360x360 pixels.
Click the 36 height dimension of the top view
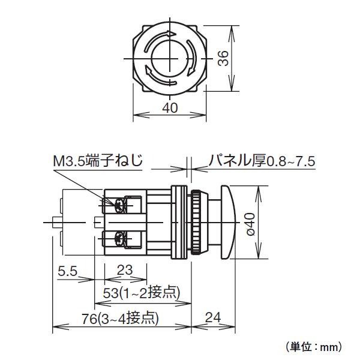(x=223, y=59)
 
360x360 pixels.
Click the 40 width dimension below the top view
(x=170, y=108)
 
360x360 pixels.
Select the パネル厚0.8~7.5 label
(x=262, y=161)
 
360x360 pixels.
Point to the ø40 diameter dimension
(x=251, y=223)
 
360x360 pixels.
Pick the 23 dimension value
(x=124, y=271)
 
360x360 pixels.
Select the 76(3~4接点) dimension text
(x=120, y=319)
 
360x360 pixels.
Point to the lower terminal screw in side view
(x=119, y=239)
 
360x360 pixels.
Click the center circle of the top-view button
(x=170, y=59)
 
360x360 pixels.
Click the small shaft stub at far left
(x=58, y=223)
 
